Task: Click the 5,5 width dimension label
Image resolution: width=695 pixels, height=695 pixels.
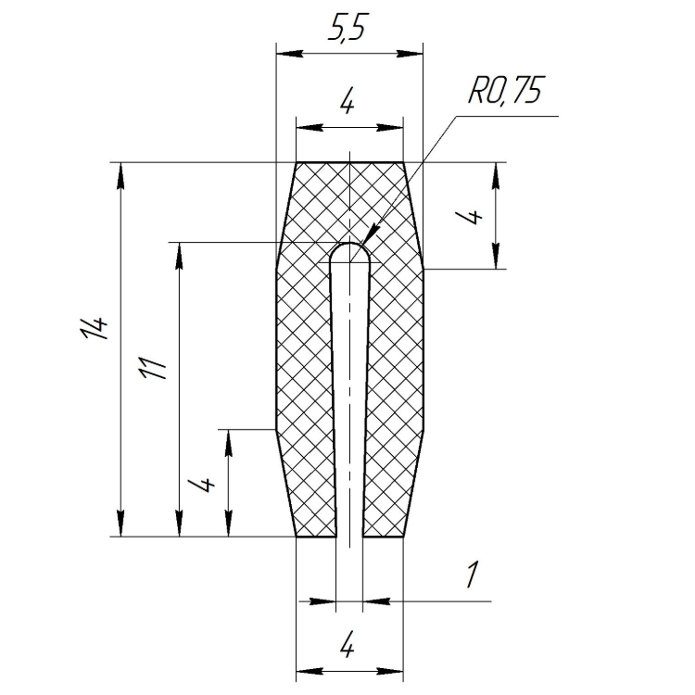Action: (x=348, y=29)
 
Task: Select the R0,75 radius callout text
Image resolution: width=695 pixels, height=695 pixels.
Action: (x=506, y=91)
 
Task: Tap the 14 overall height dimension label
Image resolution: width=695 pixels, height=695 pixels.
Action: (x=94, y=327)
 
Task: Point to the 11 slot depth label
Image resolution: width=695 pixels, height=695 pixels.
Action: (x=152, y=368)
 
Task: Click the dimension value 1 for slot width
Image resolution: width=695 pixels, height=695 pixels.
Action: (x=473, y=575)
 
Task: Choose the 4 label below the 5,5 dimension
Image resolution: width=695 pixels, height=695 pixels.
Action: (x=347, y=104)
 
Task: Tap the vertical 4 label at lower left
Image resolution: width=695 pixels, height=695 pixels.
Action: (x=202, y=485)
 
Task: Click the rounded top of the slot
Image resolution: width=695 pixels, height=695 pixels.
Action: (x=350, y=243)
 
